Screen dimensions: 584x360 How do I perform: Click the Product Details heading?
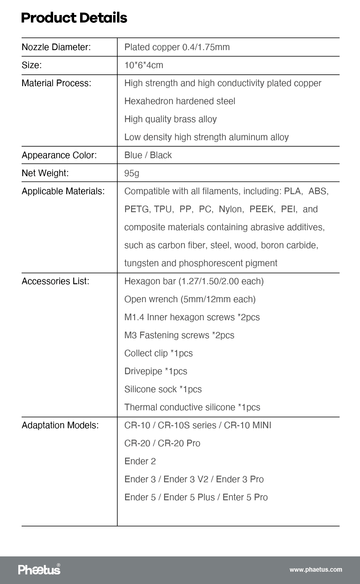[x=74, y=18]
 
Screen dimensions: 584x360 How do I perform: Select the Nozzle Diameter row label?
[x=56, y=47]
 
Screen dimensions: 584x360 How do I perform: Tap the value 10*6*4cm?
[x=144, y=65]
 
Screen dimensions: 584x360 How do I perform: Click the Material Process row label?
[x=56, y=83]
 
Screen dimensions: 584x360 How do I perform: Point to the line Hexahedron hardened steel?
[x=180, y=101]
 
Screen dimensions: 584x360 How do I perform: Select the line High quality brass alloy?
[x=170, y=119]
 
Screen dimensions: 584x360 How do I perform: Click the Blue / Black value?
[x=148, y=155]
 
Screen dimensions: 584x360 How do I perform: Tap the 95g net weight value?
[x=132, y=173]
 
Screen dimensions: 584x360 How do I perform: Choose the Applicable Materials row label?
[x=63, y=191]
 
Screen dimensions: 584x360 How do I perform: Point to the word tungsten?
[x=141, y=263]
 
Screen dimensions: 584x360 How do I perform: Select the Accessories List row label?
[x=55, y=281]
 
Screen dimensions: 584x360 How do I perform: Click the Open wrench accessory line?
[x=190, y=299]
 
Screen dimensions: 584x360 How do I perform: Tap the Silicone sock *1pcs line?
[x=163, y=389]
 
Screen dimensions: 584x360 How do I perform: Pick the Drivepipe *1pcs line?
[x=156, y=371]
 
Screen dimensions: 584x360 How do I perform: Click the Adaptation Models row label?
[x=60, y=425]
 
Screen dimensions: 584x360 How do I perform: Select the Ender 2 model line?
[x=140, y=461]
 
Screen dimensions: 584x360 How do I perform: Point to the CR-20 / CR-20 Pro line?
[x=162, y=443]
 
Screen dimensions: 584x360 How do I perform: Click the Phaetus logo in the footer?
[x=39, y=569]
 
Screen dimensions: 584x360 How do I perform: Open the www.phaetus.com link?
[x=316, y=570]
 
